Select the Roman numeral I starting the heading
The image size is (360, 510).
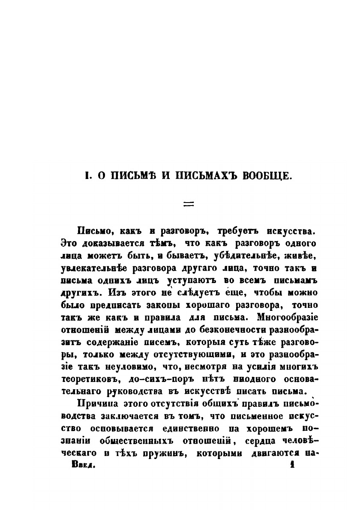[x=86, y=176]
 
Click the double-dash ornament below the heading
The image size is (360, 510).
[x=189, y=204]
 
